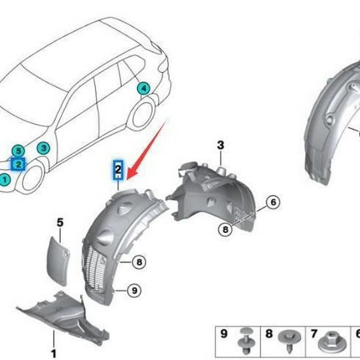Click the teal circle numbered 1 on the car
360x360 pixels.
click(6, 179)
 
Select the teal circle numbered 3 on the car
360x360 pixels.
click(43, 148)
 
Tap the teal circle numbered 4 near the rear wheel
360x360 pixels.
click(143, 88)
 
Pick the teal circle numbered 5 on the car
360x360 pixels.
click(19, 151)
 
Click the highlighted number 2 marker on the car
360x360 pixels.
click(19, 164)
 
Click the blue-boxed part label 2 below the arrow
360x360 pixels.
click(118, 170)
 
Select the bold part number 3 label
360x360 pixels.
click(221, 145)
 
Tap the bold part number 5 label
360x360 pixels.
click(60, 223)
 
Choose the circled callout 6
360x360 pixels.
click(274, 202)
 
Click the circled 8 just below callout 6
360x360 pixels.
click(225, 229)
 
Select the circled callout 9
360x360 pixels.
click(133, 290)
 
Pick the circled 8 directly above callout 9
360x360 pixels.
click(138, 262)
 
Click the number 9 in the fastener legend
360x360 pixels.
click(224, 334)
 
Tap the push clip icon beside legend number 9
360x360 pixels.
click(247, 338)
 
